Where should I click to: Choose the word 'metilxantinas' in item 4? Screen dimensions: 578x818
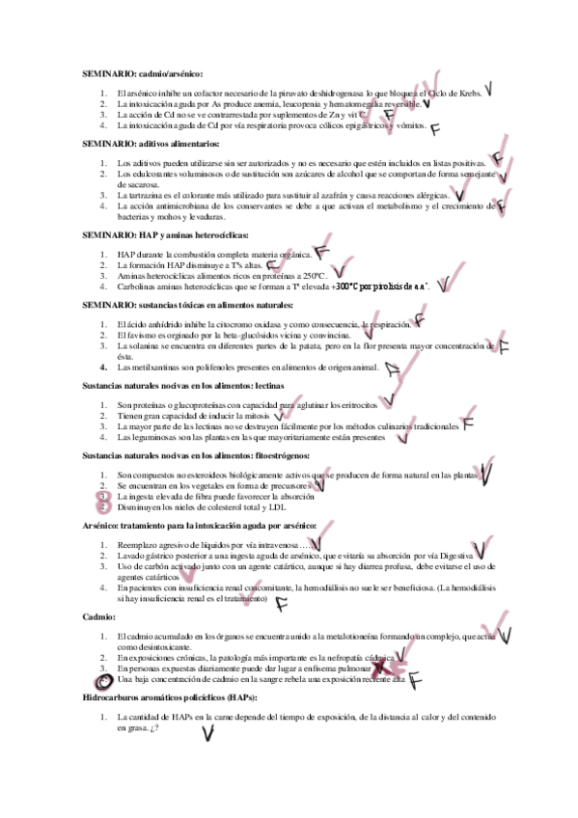click(150, 367)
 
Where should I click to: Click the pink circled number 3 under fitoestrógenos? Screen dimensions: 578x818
click(104, 496)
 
